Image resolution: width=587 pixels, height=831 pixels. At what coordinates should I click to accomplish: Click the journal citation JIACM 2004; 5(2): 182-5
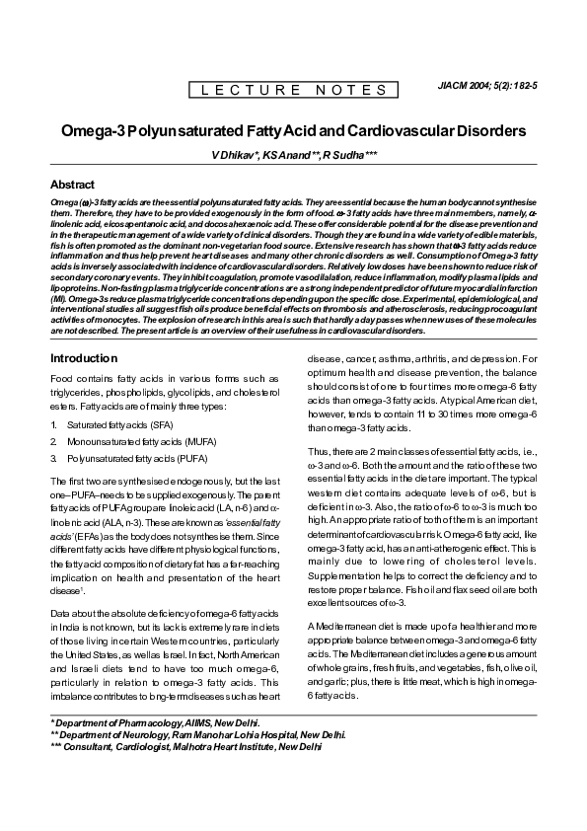click(486, 87)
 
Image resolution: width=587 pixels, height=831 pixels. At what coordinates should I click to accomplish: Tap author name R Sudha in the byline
click(350, 156)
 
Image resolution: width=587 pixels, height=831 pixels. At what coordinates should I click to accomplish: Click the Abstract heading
click(72, 185)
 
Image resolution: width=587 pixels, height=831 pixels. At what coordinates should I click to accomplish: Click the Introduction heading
click(84, 358)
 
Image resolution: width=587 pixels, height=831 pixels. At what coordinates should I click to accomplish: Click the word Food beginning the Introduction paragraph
click(61, 379)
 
